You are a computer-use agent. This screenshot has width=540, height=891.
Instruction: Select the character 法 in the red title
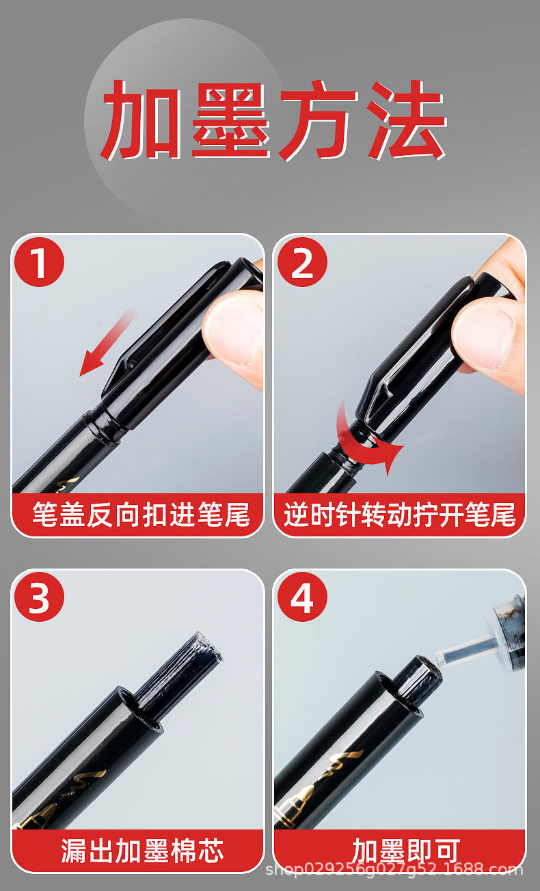click(x=403, y=121)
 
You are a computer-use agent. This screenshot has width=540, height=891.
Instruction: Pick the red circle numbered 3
click(x=40, y=597)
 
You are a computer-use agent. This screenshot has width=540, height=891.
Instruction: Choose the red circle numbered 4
click(x=301, y=597)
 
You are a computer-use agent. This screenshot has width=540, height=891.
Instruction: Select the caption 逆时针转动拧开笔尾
click(x=400, y=515)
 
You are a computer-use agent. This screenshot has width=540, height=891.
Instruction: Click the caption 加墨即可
click(x=400, y=851)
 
